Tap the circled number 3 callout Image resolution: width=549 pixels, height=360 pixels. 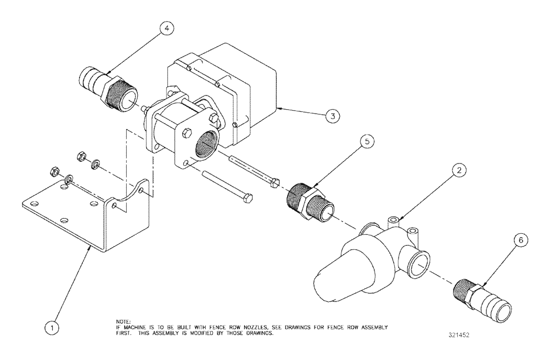(331, 116)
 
